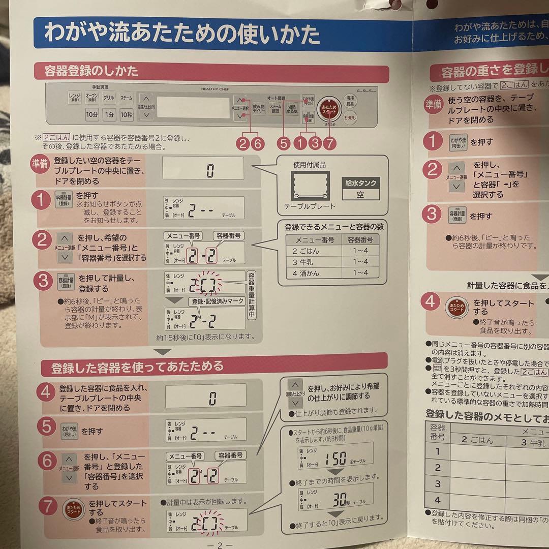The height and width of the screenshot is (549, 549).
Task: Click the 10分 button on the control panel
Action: (x=92, y=115)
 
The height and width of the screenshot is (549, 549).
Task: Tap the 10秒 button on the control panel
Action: (x=127, y=115)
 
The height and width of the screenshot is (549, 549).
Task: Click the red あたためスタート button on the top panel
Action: (x=329, y=109)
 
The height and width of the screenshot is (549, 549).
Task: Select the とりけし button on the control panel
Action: (x=350, y=116)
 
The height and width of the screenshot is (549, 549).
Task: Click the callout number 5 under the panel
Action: (x=284, y=144)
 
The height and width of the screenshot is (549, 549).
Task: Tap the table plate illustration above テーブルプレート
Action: (x=310, y=186)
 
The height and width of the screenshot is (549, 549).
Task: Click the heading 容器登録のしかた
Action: (x=91, y=70)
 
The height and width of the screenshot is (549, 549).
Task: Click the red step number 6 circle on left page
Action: (x=47, y=461)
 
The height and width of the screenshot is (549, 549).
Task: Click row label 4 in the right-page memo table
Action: (x=437, y=500)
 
